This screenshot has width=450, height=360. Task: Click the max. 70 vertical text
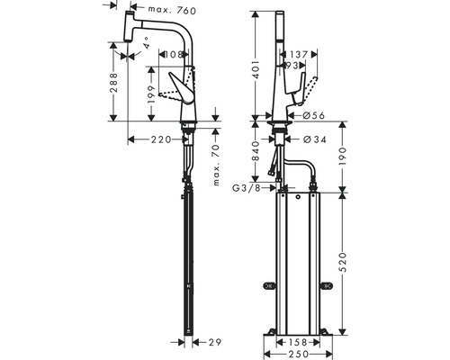coord(217,164)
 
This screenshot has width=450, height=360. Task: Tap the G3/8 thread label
coord(248,189)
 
